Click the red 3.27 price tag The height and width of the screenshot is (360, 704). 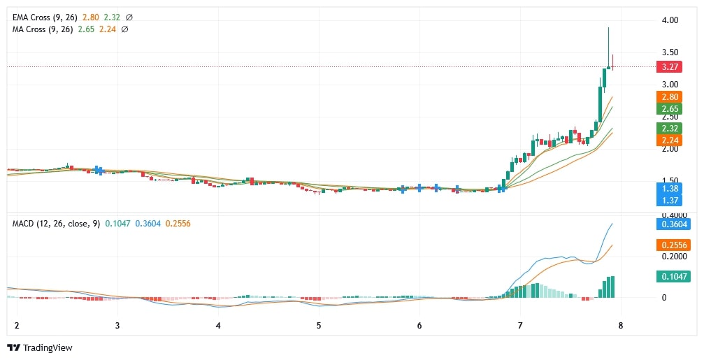(x=673, y=67)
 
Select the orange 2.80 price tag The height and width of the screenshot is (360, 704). (x=673, y=97)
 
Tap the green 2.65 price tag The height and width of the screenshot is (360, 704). (x=673, y=109)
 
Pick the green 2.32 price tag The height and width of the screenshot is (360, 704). (x=673, y=129)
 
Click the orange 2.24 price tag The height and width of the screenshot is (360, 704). (x=673, y=141)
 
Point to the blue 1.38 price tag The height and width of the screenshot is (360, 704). (x=673, y=189)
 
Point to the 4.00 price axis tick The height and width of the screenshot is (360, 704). (x=670, y=21)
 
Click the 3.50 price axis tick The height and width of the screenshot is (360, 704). (x=670, y=52)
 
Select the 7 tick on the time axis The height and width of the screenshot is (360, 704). (x=520, y=326)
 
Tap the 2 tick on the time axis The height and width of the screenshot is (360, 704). (x=16, y=326)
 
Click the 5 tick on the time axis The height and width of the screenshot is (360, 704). (x=319, y=326)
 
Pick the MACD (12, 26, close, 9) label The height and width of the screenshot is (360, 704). (x=55, y=223)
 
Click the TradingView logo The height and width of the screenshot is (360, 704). (x=40, y=347)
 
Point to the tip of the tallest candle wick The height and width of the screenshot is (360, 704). (x=609, y=27)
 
